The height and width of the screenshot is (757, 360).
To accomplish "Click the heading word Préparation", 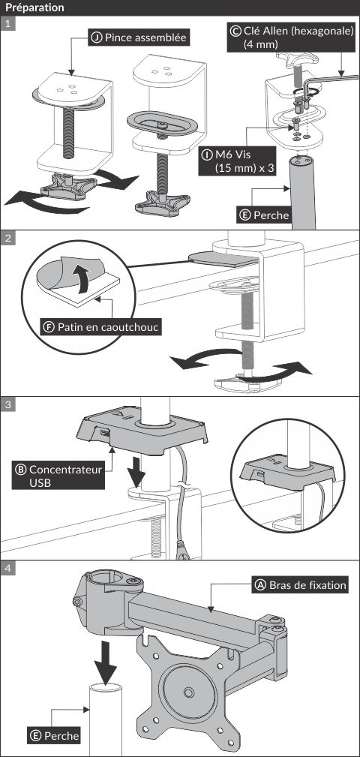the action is click(x=34, y=8).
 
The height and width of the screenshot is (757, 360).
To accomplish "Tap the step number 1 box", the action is click(x=7, y=24).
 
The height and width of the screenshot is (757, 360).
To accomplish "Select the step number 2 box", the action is click(x=7, y=238).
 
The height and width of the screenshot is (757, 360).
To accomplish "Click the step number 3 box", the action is click(x=7, y=404).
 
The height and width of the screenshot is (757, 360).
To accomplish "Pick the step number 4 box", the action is click(x=7, y=568).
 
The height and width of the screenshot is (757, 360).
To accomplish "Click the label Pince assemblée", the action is click(x=139, y=38).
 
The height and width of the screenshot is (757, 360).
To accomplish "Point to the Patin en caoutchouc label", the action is click(x=101, y=327).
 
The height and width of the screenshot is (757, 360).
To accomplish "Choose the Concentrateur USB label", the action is click(x=58, y=476).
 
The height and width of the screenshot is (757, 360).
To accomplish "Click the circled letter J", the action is click(x=97, y=38).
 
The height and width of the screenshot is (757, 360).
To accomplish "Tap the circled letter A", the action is click(x=260, y=585).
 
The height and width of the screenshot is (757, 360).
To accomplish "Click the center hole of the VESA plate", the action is click(x=187, y=692).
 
